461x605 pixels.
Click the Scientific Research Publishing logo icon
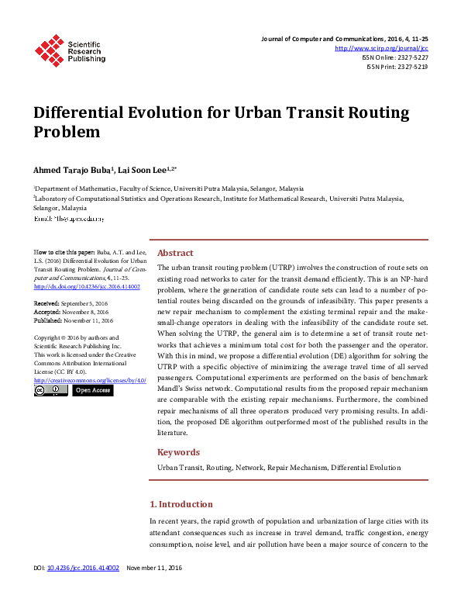pos(50,50)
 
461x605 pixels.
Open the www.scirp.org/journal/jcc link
pos(381,48)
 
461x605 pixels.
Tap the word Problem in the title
pos(67,132)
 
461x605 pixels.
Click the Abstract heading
pos(175,253)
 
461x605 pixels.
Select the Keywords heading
pos(178,452)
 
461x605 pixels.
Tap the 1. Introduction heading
pos(181,504)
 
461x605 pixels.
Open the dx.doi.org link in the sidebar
pos(85,286)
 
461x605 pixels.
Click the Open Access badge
pos(91,390)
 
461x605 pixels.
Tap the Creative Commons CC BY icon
pos(50,390)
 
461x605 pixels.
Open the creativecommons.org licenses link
pos(89,380)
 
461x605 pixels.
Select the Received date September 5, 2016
pos(88,302)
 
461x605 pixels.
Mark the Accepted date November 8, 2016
pos(88,311)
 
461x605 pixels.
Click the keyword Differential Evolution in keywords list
pos(366,468)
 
